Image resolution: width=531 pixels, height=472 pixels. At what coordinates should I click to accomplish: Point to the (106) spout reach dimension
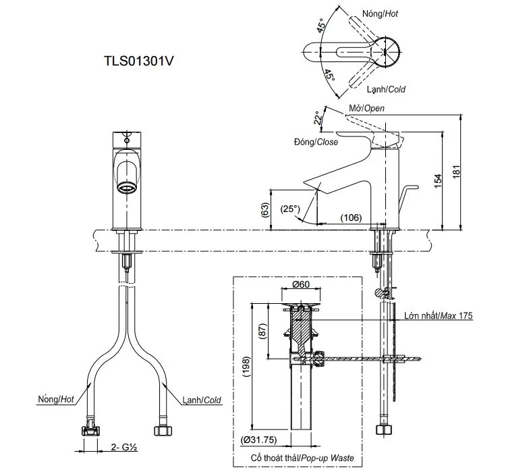[x=350, y=217]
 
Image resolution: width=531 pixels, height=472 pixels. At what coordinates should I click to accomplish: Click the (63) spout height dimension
[x=264, y=211]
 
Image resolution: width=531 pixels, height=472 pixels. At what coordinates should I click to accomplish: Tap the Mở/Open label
[x=366, y=108]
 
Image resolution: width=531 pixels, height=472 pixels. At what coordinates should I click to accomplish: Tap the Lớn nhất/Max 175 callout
[x=439, y=315]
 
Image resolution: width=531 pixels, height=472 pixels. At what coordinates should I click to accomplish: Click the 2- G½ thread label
[x=122, y=446]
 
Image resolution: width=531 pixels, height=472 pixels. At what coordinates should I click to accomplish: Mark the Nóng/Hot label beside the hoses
[x=56, y=400]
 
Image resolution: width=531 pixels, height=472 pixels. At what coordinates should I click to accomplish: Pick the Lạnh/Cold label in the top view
[x=386, y=89]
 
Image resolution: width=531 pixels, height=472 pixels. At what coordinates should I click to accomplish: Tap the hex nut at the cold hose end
[x=162, y=429]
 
